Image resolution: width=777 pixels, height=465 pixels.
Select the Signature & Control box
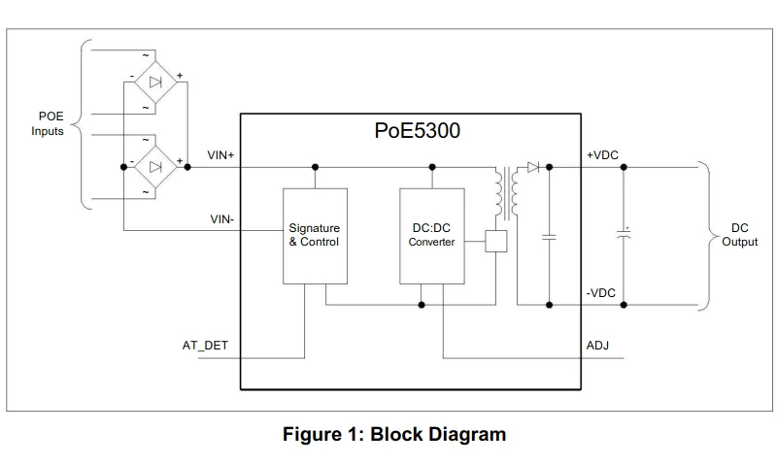[x=314, y=235]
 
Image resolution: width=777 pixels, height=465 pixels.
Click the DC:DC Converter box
[x=431, y=235]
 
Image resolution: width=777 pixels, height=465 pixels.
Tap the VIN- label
[x=221, y=219]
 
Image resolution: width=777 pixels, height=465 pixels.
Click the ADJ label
[x=598, y=345]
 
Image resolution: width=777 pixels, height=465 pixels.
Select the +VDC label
[x=602, y=155]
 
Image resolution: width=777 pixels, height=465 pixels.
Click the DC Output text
[x=739, y=235]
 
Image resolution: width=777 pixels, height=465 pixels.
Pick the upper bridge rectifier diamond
[x=153, y=83]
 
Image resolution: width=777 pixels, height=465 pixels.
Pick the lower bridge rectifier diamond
[x=153, y=166]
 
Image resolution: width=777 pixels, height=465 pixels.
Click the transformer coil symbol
[x=506, y=192]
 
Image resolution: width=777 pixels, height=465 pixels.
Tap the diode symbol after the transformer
[x=532, y=166]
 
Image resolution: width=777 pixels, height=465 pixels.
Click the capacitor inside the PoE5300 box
[x=550, y=235]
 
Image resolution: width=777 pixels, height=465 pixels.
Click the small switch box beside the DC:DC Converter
[x=495, y=242]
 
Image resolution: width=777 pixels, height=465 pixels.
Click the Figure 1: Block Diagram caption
[x=393, y=434]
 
